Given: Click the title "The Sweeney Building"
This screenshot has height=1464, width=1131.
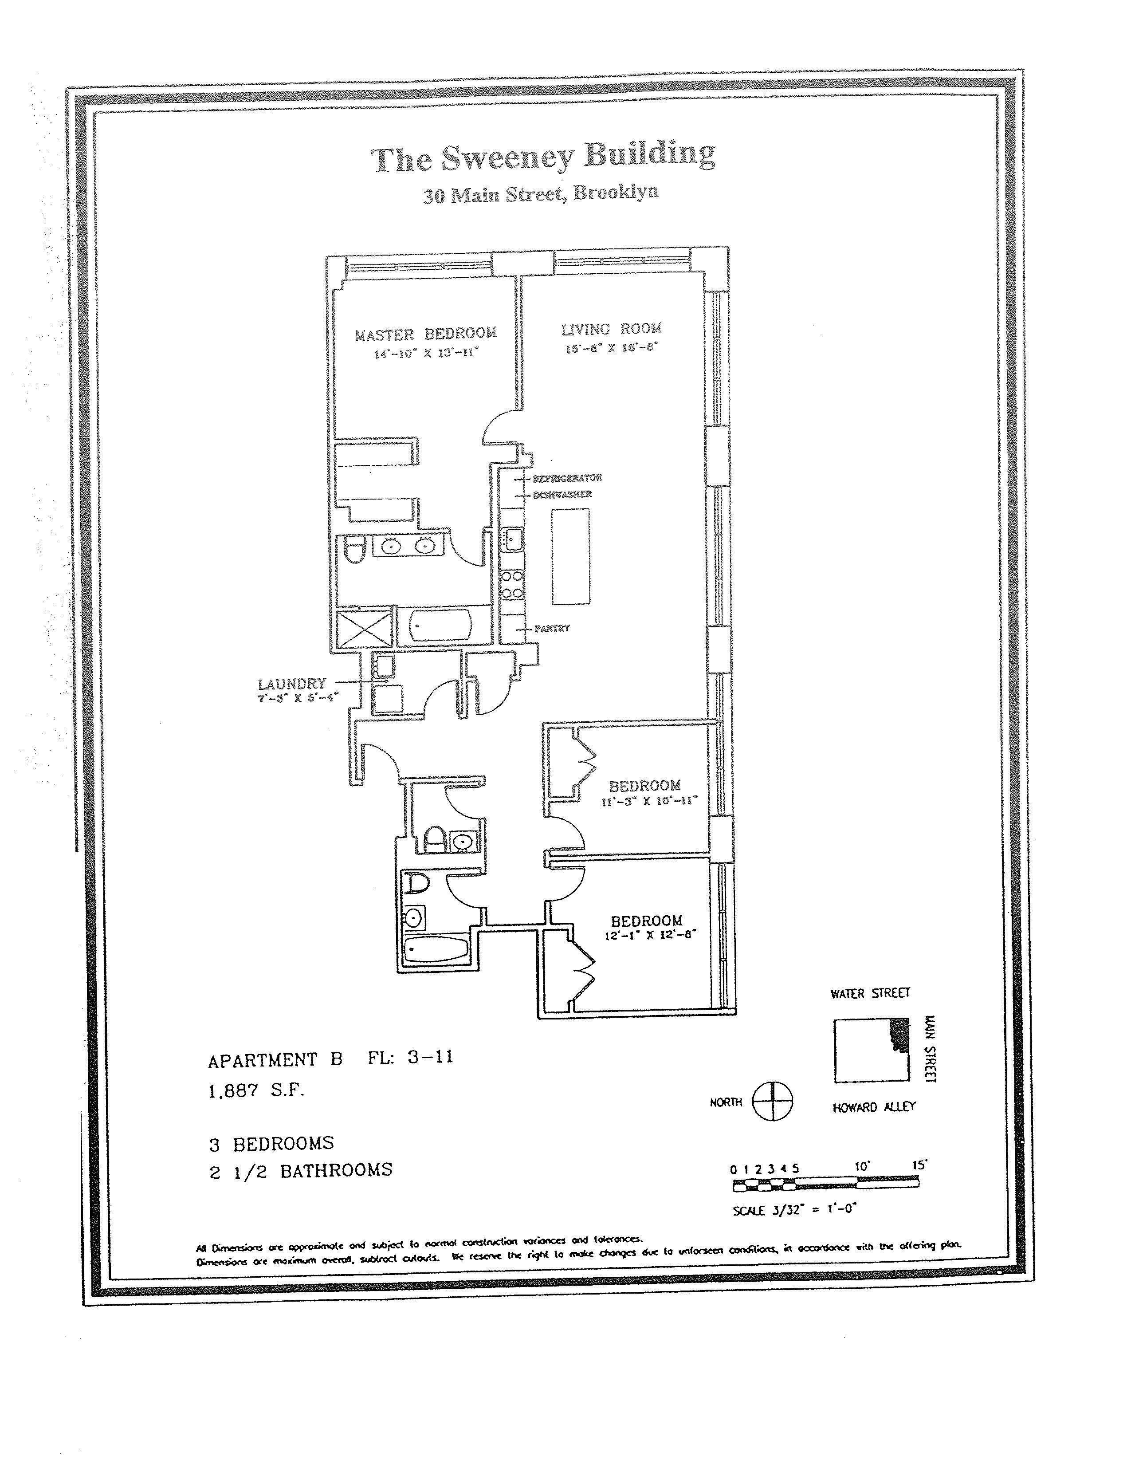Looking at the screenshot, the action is pyautogui.click(x=543, y=157).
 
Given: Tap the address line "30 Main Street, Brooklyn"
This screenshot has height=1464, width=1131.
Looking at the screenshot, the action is pyautogui.click(x=540, y=194).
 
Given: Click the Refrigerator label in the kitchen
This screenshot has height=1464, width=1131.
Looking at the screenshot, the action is pyautogui.click(x=567, y=478).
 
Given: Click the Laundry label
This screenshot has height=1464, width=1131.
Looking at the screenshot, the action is pyautogui.click(x=292, y=684).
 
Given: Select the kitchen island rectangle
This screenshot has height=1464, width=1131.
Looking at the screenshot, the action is pyautogui.click(x=571, y=556).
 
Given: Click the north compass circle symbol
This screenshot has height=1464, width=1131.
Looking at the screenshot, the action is pyautogui.click(x=773, y=1102).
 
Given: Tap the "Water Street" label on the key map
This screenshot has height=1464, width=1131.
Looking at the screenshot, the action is pyautogui.click(x=870, y=993).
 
